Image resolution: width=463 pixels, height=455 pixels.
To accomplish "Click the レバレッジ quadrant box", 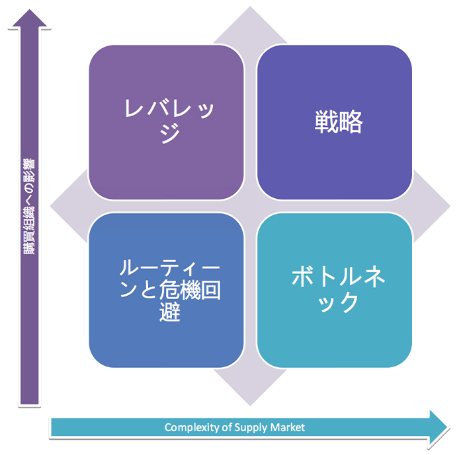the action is coord(166,122).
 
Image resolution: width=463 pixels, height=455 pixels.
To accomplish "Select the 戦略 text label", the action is coord(339,122).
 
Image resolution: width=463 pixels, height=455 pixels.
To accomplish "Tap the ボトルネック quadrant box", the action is coord(335,290).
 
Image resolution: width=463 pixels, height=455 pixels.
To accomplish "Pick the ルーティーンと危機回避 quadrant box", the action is coord(166,290).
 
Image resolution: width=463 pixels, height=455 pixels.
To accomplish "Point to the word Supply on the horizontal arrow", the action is coord(250,427).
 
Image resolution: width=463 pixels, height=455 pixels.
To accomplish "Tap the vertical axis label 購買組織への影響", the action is coord(29,207).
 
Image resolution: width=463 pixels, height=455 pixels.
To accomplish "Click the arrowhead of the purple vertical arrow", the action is coord(29,18).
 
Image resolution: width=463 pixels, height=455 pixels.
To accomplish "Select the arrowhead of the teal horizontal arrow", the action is coord(438,427).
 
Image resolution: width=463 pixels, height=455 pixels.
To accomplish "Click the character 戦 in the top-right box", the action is coord(326,122).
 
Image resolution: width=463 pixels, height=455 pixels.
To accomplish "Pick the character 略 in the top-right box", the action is coord(351,122).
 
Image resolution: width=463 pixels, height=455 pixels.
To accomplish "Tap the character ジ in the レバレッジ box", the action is coord(170,133).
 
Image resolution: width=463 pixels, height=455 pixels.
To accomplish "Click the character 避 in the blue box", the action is coord(170,312).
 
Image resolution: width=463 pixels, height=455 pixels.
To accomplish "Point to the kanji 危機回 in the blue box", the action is coord(190,290).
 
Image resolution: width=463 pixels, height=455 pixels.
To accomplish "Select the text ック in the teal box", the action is coord(339,302).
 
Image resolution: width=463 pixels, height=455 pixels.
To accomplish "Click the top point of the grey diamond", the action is coord(250,7).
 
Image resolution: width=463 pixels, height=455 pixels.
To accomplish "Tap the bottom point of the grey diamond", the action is coord(250,405).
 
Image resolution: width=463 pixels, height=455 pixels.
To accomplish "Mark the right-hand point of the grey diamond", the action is coord(450,206).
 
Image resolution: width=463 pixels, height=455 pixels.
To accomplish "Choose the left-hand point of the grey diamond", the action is coord(50,206).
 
